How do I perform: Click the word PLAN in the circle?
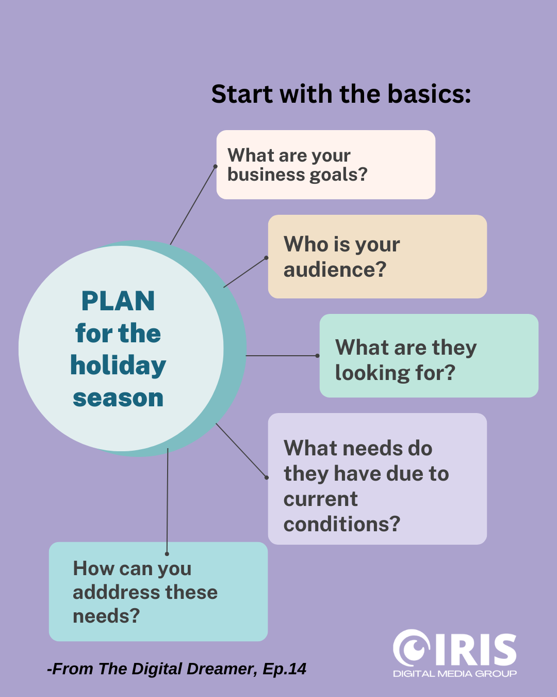[118, 301]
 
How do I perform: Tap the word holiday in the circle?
[118, 366]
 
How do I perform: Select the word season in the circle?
[118, 398]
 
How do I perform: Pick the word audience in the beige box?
[335, 270]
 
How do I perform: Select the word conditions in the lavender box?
[342, 525]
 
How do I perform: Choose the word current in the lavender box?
[320, 499]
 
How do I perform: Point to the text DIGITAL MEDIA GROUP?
[454, 674]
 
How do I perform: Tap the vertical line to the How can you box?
[167, 501]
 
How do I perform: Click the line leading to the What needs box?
[241, 451]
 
